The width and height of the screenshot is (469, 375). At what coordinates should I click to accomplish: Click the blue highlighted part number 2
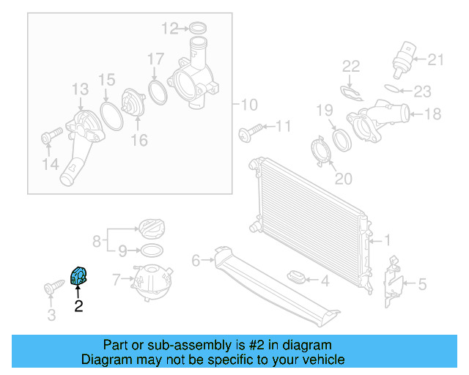[78, 277]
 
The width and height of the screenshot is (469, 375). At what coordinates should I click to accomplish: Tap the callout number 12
[170, 29]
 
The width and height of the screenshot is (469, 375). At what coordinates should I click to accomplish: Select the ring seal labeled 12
[196, 29]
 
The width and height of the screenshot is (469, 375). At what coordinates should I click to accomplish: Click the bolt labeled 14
[51, 136]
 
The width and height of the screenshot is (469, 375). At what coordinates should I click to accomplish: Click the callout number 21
[436, 59]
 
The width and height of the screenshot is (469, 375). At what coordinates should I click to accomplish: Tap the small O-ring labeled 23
[394, 90]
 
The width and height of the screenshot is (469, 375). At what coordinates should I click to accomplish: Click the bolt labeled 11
[247, 133]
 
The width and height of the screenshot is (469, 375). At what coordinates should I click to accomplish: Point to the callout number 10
[249, 103]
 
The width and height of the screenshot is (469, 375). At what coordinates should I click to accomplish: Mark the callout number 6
[196, 260]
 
